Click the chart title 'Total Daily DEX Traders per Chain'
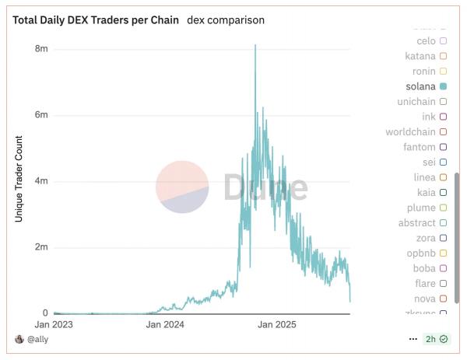[96, 19]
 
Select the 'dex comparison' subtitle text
[226, 19]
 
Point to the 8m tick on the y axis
[41, 49]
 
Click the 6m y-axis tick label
[41, 115]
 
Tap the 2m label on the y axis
[41, 247]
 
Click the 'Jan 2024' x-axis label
[164, 323]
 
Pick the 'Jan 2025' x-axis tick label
[277, 323]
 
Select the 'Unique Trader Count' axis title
[19, 179]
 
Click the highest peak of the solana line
[255, 45]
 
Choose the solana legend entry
[420, 86]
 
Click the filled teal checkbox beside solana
[443, 86]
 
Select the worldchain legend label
[410, 132]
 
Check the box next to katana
[443, 56]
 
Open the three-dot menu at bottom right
[413, 339]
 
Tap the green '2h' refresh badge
[435, 339]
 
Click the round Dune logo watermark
[182, 187]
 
